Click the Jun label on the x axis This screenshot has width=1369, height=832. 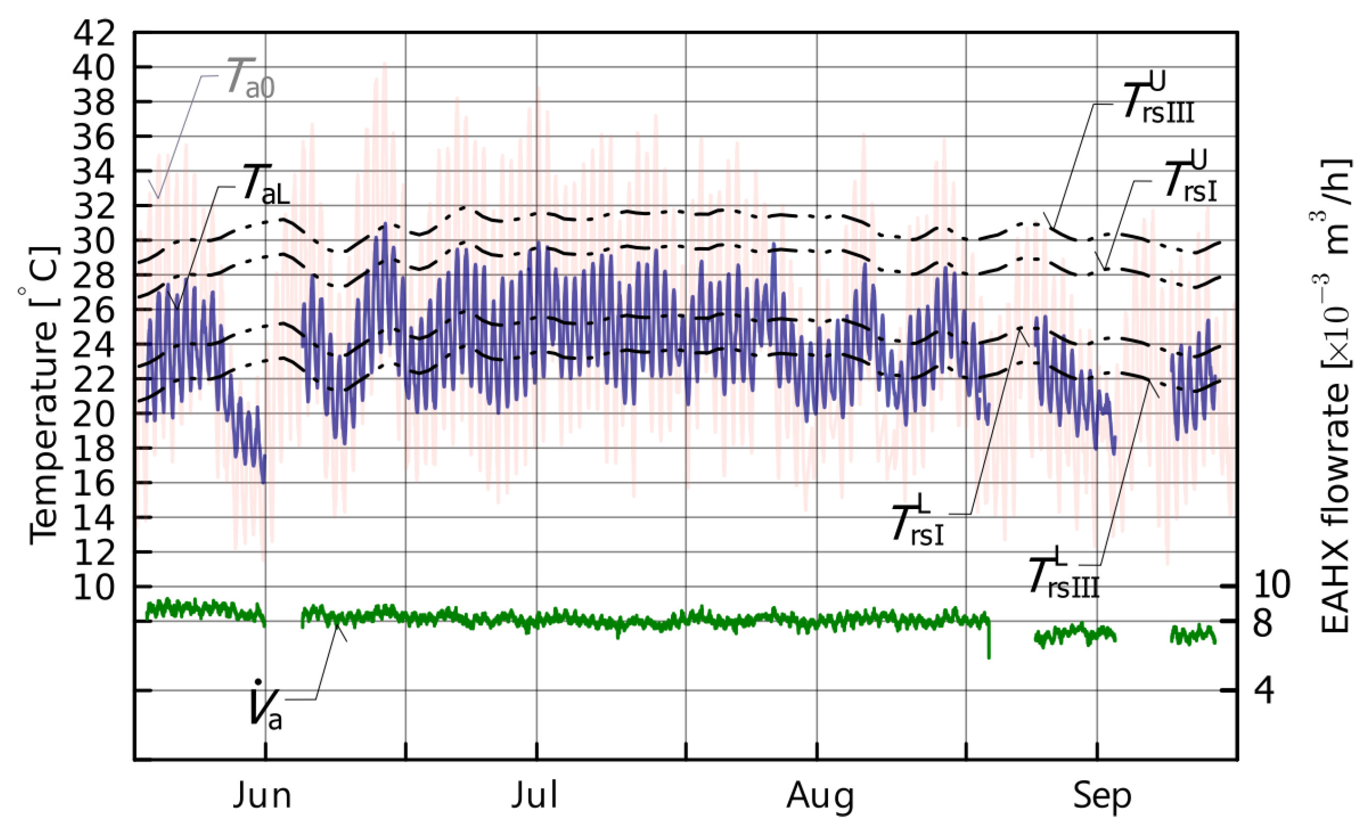coord(262,796)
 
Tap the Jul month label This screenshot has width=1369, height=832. coord(535,796)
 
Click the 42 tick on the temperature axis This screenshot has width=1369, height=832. coord(95,33)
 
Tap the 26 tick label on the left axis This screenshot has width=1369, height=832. coord(95,310)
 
